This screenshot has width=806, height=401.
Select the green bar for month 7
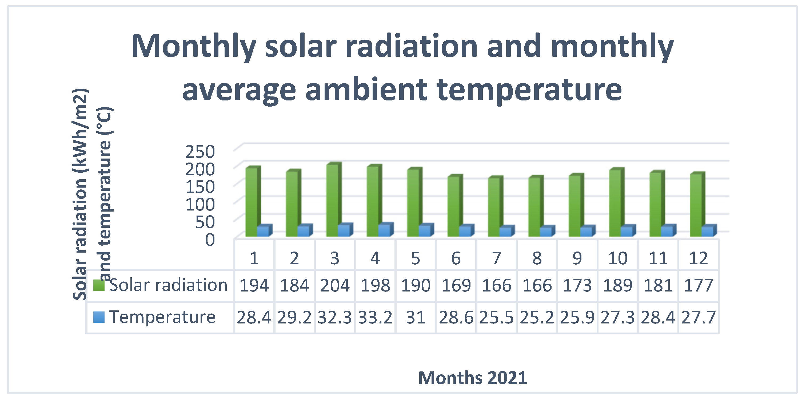(x=495, y=206)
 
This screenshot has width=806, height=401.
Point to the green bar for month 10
(x=616, y=202)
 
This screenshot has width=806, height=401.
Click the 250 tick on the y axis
(x=200, y=152)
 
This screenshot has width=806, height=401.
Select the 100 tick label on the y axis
(x=200, y=205)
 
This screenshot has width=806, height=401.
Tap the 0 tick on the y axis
(x=210, y=240)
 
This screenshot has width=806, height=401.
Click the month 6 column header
(x=456, y=258)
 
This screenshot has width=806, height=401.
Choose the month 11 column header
(x=658, y=258)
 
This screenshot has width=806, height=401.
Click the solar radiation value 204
(x=335, y=285)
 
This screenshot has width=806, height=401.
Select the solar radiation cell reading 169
(x=456, y=285)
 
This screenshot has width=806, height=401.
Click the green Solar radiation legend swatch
(x=99, y=285)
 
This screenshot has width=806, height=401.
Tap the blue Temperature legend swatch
(x=99, y=317)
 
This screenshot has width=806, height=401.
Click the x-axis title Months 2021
(x=473, y=378)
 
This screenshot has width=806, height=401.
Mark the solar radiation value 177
(x=698, y=285)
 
